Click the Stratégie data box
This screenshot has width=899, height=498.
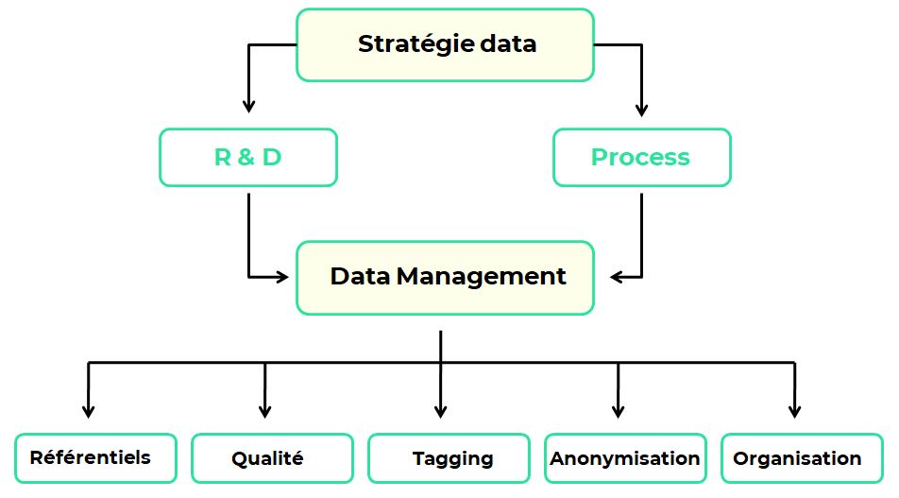[x=446, y=44]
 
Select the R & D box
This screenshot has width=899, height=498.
[x=248, y=157]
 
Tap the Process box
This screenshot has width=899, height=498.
[x=641, y=157]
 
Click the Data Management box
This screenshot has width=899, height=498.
[x=446, y=277]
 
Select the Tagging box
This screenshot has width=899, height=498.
[x=449, y=458]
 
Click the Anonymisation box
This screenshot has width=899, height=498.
[x=625, y=458]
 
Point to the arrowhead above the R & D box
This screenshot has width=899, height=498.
[x=248, y=107]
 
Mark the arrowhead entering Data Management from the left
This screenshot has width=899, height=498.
[x=280, y=277]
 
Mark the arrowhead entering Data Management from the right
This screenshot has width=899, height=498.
[x=618, y=277]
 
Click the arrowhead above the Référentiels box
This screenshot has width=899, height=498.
[x=89, y=410]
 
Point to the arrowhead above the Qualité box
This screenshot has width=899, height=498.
[x=265, y=410]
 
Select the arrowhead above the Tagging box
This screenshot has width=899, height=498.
[x=441, y=410]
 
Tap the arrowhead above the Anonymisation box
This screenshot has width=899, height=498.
[x=619, y=410]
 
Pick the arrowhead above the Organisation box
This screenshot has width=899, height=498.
[x=795, y=410]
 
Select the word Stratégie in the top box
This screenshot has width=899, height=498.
[x=404, y=44]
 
